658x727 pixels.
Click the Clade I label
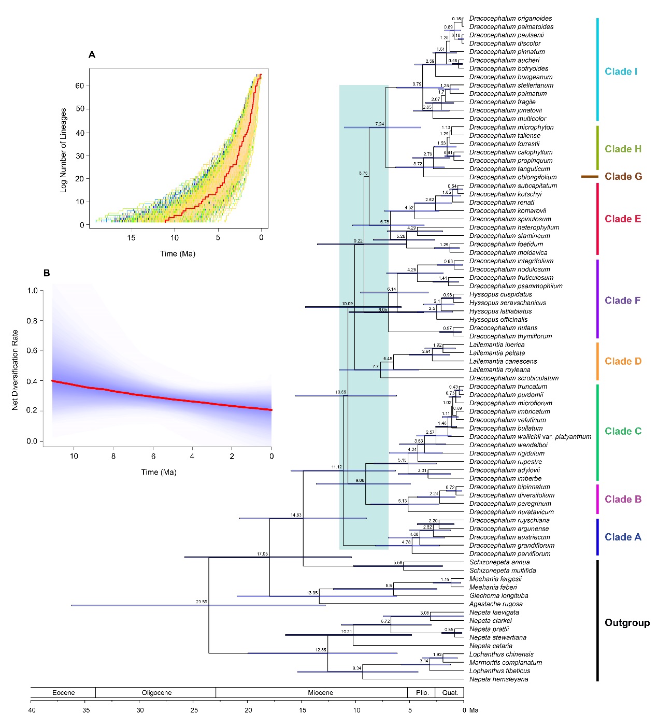click(621, 72)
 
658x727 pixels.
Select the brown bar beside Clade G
click(590, 177)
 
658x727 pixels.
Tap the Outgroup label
click(627, 622)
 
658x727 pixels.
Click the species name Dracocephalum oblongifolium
click(512, 177)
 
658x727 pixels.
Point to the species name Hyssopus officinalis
click(498, 320)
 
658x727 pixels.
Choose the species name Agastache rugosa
click(496, 604)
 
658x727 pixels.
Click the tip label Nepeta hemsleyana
click(498, 679)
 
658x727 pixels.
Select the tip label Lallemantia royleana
click(499, 370)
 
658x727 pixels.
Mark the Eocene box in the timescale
click(63, 693)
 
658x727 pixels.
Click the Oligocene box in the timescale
click(156, 693)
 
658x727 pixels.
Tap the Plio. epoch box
click(422, 693)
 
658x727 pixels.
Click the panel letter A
click(92, 54)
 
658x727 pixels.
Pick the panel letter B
click(47, 273)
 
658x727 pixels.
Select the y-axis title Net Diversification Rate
click(15, 370)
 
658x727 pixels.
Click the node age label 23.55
click(201, 602)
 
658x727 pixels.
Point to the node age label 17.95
click(262, 554)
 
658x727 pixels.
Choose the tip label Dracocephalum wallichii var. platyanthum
click(530, 437)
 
